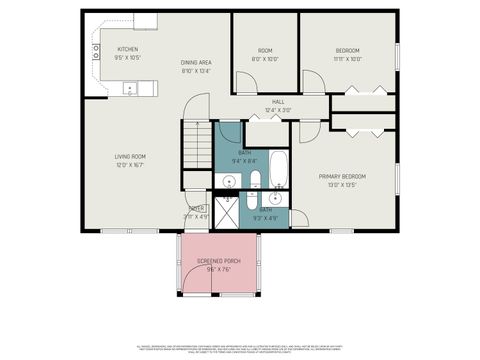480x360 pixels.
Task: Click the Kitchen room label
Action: point(127,50)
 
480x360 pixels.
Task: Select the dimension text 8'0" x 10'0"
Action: point(265,59)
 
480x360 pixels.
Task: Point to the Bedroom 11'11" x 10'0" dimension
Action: point(347,59)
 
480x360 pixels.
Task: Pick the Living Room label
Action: point(131,156)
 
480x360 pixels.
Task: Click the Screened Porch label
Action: point(211,260)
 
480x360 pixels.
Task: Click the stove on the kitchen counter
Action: point(97,52)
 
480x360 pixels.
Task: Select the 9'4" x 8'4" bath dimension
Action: point(244,160)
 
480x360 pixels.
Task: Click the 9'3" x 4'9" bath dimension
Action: point(265,217)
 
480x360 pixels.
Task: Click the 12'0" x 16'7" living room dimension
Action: point(131,165)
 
